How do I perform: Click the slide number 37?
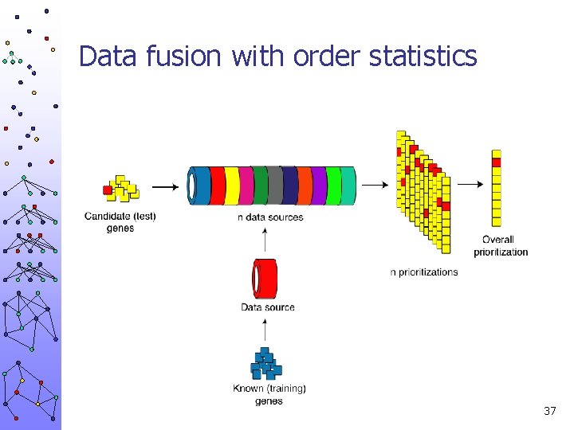[x=549, y=411]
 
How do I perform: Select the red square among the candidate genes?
[x=108, y=190]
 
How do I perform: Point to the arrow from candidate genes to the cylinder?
[x=165, y=187]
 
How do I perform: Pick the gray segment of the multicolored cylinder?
[x=274, y=186]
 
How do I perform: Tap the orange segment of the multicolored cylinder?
[x=305, y=186]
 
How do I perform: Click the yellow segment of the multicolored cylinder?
[x=232, y=186]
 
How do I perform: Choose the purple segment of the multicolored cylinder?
[x=319, y=186]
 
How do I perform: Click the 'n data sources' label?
[x=270, y=217]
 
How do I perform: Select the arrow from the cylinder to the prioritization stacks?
[x=375, y=186]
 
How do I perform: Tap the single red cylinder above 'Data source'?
[x=265, y=278]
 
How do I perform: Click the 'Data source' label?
[x=268, y=307]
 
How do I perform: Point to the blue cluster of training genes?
[x=266, y=365]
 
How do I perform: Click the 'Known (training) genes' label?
[x=269, y=394]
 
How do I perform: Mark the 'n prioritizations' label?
[x=424, y=272]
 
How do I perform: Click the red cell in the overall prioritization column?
[x=497, y=162]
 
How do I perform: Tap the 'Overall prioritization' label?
[x=501, y=245]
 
